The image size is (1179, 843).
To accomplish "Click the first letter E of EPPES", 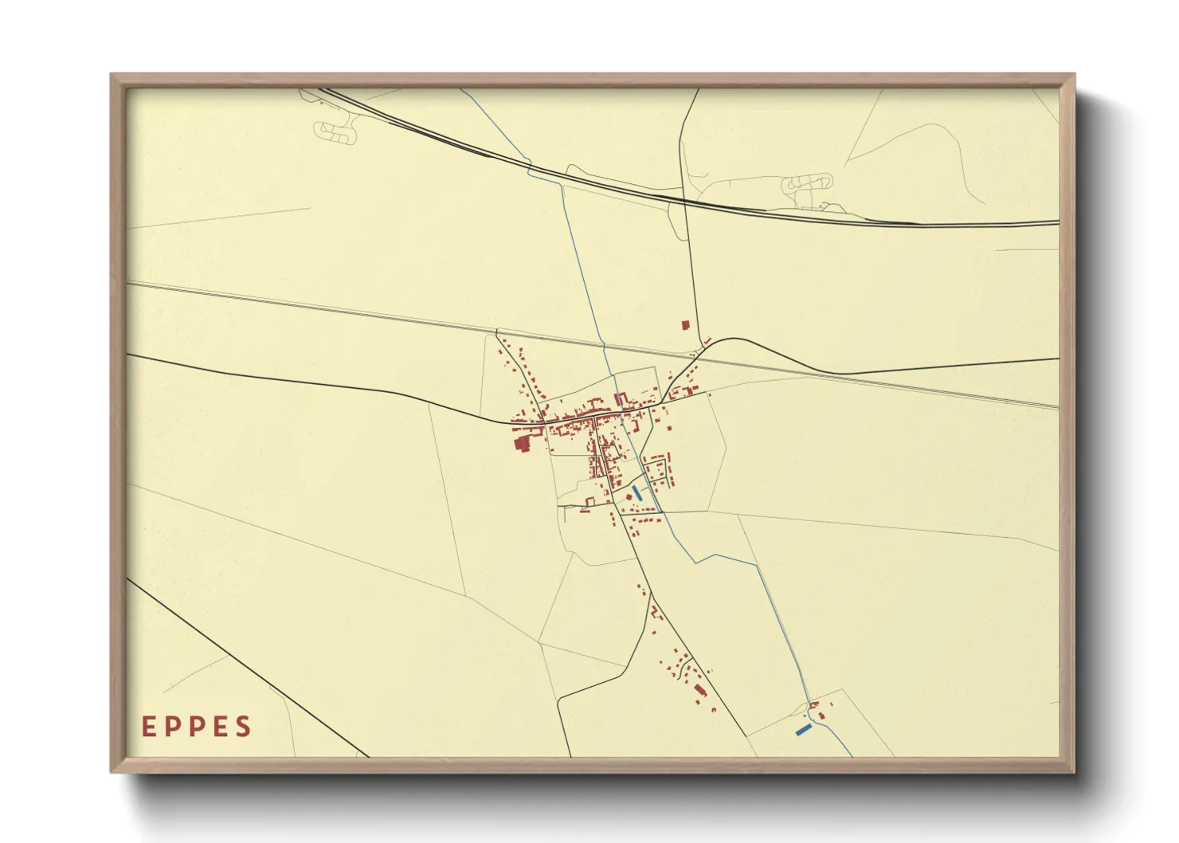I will [x=148, y=727].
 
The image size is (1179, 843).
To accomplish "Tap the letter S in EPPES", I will [x=244, y=727].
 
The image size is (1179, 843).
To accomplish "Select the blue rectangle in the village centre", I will [x=637, y=492].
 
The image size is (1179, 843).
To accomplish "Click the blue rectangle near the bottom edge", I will [x=803, y=729].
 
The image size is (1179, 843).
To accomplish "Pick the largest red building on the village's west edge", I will [x=523, y=445].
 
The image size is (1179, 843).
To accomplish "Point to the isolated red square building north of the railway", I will [x=685, y=325].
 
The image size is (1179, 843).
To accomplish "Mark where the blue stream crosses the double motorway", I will [x=531, y=167].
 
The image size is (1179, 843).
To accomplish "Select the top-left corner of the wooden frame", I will [x=112, y=76].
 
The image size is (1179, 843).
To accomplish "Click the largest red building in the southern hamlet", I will [x=700, y=689].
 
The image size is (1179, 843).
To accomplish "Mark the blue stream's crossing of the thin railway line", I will [x=602, y=344].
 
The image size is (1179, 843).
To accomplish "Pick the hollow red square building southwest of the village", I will [x=590, y=501].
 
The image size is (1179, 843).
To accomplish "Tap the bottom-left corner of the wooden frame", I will [x=112, y=770].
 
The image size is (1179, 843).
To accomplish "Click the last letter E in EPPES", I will [x=220, y=727].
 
